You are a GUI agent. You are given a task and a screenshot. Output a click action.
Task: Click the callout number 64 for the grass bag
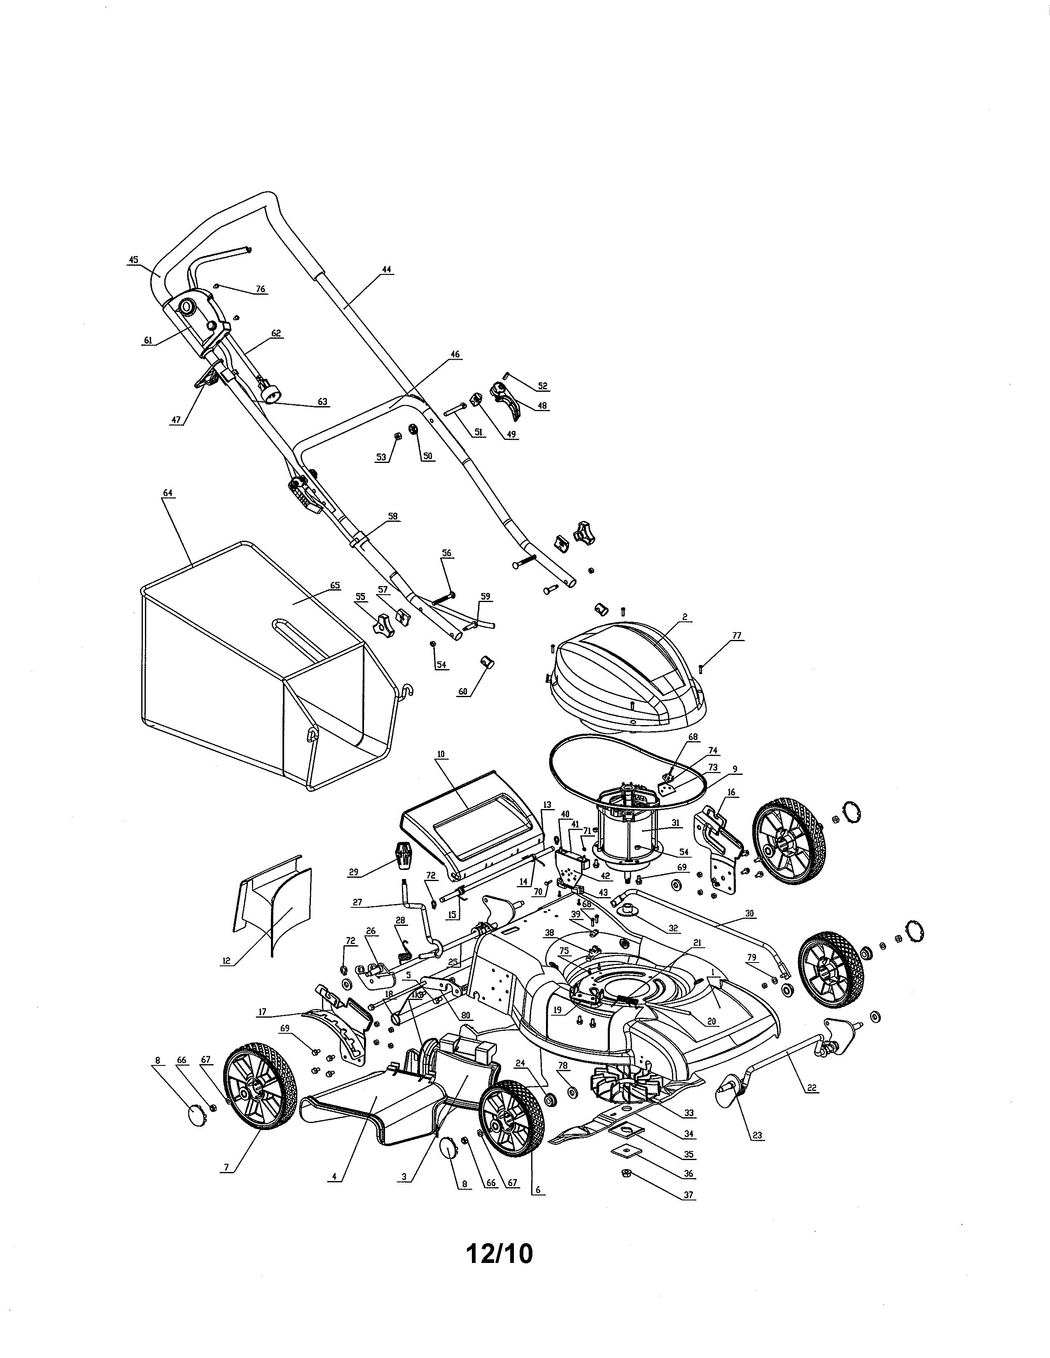click(x=167, y=493)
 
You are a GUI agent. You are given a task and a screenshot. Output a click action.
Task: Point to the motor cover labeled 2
click(x=628, y=674)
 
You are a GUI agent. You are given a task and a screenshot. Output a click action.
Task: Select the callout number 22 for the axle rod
click(x=812, y=1088)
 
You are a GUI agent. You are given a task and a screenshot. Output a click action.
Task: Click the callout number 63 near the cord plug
click(x=322, y=402)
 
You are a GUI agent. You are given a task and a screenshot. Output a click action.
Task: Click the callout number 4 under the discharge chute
click(x=334, y=1177)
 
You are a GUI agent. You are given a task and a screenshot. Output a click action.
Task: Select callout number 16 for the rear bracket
click(x=731, y=792)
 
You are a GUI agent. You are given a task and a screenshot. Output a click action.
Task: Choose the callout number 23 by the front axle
click(x=757, y=1135)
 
